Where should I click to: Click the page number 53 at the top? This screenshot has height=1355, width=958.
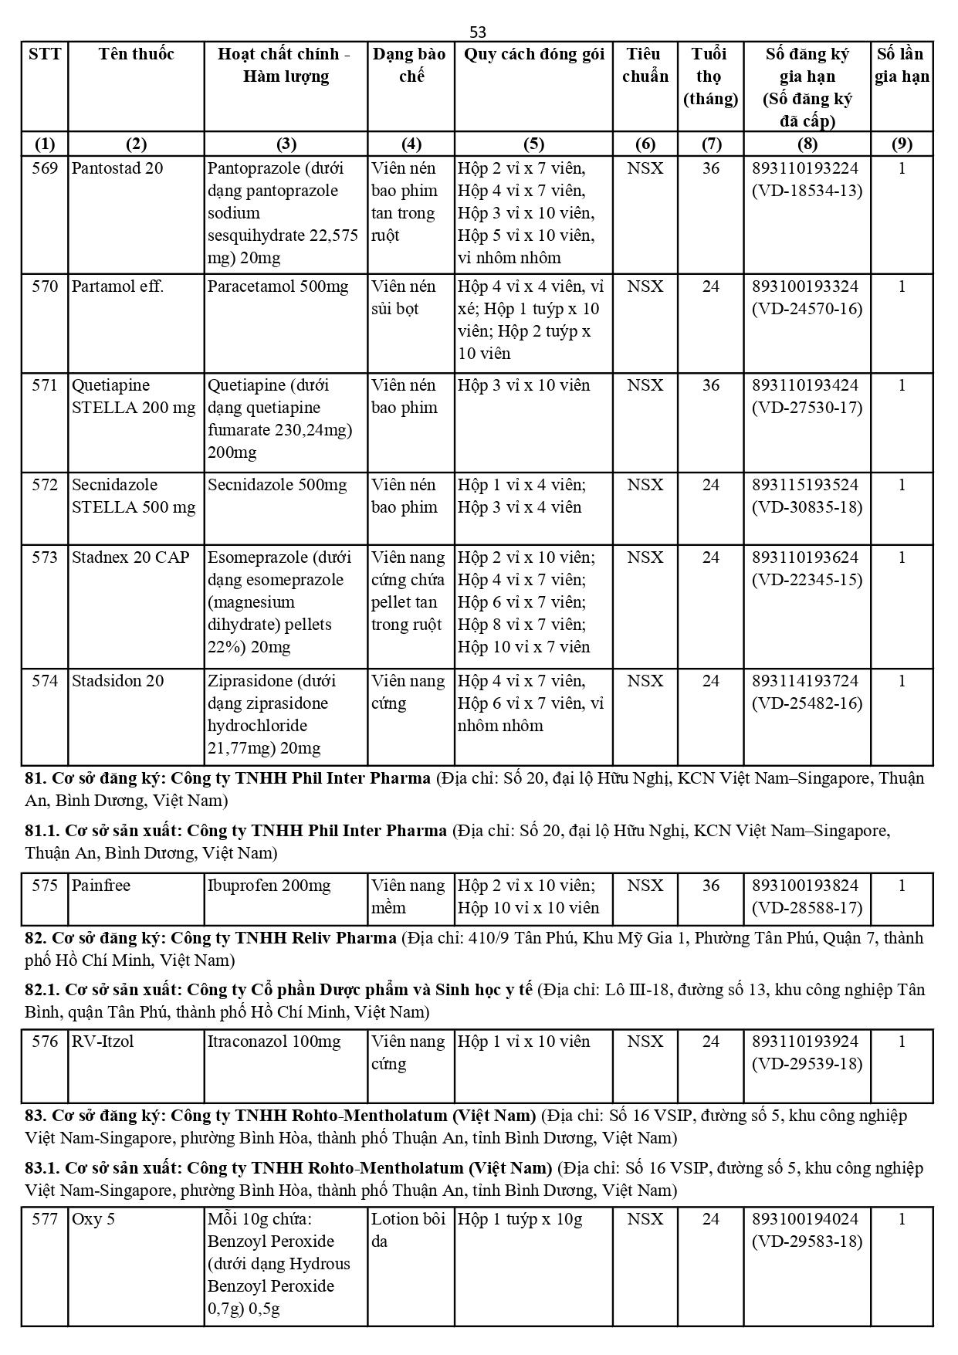pyautogui.click(x=478, y=32)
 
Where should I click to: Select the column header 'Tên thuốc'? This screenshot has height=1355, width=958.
pyautogui.click(x=136, y=54)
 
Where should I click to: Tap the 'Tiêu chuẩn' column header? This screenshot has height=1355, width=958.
pyautogui.click(x=645, y=65)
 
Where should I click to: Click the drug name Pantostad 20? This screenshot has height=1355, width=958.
pyautogui.click(x=117, y=168)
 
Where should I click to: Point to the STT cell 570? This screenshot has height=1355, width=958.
pyautogui.click(x=45, y=286)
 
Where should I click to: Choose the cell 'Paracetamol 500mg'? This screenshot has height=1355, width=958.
pyautogui.click(x=278, y=286)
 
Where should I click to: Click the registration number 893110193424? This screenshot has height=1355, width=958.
pyautogui.click(x=805, y=385)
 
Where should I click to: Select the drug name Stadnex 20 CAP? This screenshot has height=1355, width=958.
pyautogui.click(x=130, y=557)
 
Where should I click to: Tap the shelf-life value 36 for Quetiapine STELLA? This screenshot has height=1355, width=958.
pyautogui.click(x=710, y=385)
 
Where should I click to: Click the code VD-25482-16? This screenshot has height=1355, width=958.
pyautogui.click(x=807, y=703)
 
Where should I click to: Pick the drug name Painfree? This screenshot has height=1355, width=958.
pyautogui.click(x=101, y=886)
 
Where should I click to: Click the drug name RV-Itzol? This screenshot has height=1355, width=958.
pyautogui.click(x=103, y=1042)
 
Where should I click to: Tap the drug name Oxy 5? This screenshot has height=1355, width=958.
pyautogui.click(x=93, y=1219)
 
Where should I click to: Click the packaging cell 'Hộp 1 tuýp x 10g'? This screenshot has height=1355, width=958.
pyautogui.click(x=520, y=1219)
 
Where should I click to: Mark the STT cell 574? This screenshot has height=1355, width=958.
pyautogui.click(x=45, y=681)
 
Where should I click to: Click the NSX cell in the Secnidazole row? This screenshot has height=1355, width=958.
pyautogui.click(x=645, y=485)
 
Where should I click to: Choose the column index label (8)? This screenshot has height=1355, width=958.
pyautogui.click(x=807, y=144)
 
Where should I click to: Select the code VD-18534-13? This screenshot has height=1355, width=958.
pyautogui.click(x=807, y=191)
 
